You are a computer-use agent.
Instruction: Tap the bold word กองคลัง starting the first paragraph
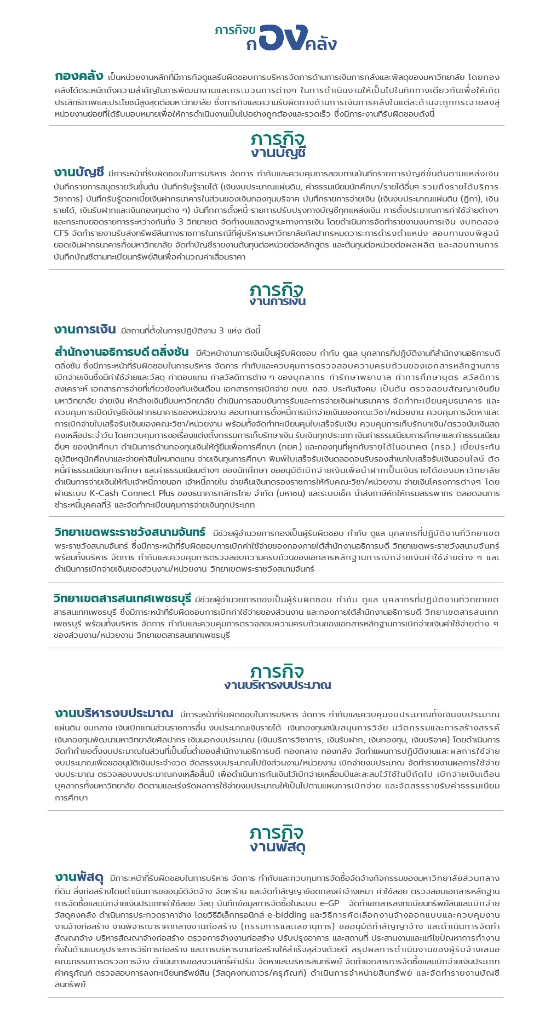point(79,76)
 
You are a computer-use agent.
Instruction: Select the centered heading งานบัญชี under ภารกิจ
point(278,153)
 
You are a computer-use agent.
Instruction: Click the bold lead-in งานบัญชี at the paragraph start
point(79,172)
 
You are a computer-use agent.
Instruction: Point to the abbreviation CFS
point(61,233)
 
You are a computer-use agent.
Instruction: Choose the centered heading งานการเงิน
point(277,301)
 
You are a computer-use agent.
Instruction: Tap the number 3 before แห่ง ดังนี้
point(221,331)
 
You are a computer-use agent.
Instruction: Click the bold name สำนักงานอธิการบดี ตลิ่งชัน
point(121,352)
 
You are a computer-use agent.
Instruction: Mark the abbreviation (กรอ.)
point(444,447)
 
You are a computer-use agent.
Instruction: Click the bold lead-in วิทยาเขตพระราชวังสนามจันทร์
point(130,532)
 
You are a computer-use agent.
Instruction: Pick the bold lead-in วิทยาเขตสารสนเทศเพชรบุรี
point(122,598)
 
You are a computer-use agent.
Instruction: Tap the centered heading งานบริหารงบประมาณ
point(277,685)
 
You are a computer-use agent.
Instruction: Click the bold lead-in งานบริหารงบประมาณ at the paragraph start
point(114,713)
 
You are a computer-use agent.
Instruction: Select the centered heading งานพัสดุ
point(277,847)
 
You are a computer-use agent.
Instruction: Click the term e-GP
point(330,903)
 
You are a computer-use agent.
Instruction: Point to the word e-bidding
point(287,915)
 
